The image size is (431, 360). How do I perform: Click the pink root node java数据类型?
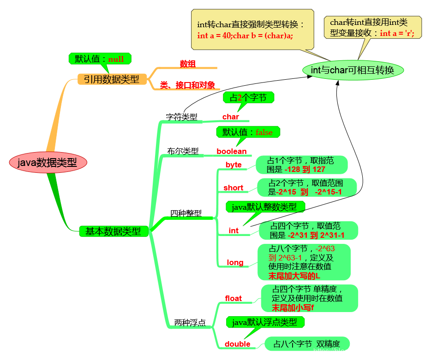click(x=48, y=162)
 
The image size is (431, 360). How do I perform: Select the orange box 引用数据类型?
click(x=111, y=79)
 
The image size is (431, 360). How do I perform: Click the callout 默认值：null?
click(x=99, y=59)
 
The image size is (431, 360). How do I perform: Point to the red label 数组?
click(x=188, y=64)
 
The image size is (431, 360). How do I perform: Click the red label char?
click(x=231, y=117)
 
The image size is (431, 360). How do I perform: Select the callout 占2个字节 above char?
click(x=248, y=98)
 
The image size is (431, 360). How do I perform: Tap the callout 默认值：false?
click(x=248, y=132)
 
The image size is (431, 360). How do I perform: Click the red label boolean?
click(x=232, y=151)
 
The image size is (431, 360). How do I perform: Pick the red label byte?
click(x=233, y=165)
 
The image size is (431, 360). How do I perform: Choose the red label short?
click(x=233, y=188)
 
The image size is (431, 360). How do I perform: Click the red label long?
click(x=235, y=262)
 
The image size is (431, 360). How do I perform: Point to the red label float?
click(x=233, y=298)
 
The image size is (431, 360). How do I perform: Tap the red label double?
click(x=238, y=344)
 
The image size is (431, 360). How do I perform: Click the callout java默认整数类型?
click(x=265, y=207)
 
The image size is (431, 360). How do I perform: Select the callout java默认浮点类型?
click(x=265, y=322)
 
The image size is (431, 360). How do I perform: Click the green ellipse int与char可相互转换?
click(x=353, y=70)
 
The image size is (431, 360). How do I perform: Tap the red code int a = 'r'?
click(x=397, y=33)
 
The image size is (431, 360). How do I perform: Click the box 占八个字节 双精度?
click(x=307, y=344)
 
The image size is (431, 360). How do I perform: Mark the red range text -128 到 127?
click(x=305, y=170)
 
